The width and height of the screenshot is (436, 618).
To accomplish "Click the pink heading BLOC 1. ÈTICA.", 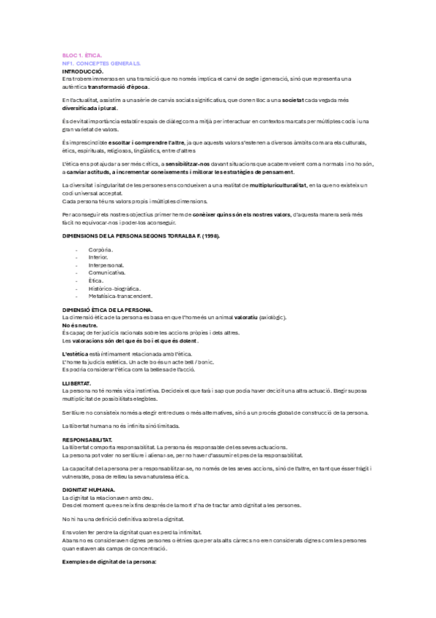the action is tap(82, 55).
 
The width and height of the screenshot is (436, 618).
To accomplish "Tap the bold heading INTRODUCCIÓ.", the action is tap(83, 71).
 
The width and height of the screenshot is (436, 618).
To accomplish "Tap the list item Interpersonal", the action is tap(106, 265).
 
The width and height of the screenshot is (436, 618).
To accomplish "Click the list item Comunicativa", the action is tap(108, 273).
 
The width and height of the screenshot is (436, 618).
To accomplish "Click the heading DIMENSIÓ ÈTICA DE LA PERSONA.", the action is tap(107, 310).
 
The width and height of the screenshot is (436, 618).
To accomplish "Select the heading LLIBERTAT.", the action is tap(76, 383).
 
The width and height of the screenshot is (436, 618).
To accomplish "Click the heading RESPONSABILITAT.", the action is tap(87, 440).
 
